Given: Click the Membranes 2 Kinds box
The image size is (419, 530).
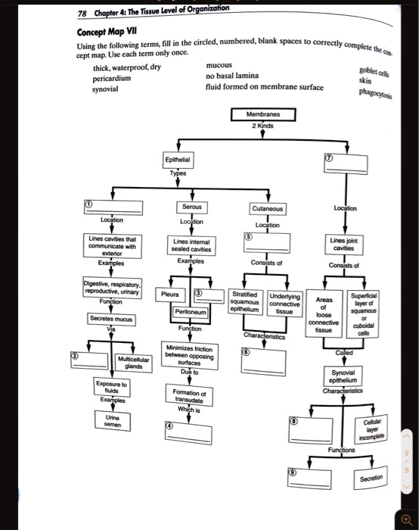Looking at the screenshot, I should pyautogui.click(x=263, y=119).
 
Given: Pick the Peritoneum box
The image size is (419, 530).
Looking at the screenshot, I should pyautogui.click(x=191, y=311).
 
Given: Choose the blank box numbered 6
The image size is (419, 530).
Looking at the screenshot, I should pyautogui.click(x=263, y=361).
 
